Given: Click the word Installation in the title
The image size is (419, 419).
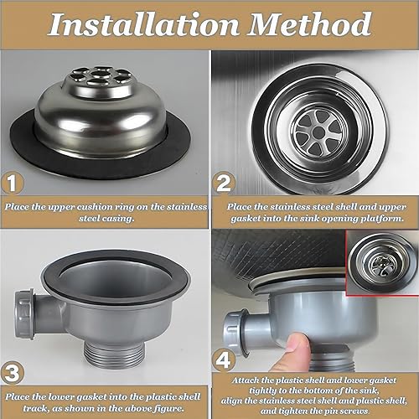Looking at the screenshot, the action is (x=143, y=24).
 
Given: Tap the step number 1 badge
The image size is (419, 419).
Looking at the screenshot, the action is (x=12, y=184).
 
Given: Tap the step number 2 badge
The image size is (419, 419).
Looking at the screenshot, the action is (x=224, y=184).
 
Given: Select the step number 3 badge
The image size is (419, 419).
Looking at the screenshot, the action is (x=12, y=373).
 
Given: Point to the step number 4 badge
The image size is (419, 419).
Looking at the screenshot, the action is (x=223, y=360).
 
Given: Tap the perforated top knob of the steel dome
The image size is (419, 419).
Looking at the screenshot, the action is (x=98, y=81).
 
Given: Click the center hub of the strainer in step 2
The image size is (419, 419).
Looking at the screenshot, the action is (x=318, y=132).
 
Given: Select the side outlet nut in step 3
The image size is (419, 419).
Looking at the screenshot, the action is (x=24, y=313).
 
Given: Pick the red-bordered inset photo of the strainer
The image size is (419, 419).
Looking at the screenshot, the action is (x=382, y=262).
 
